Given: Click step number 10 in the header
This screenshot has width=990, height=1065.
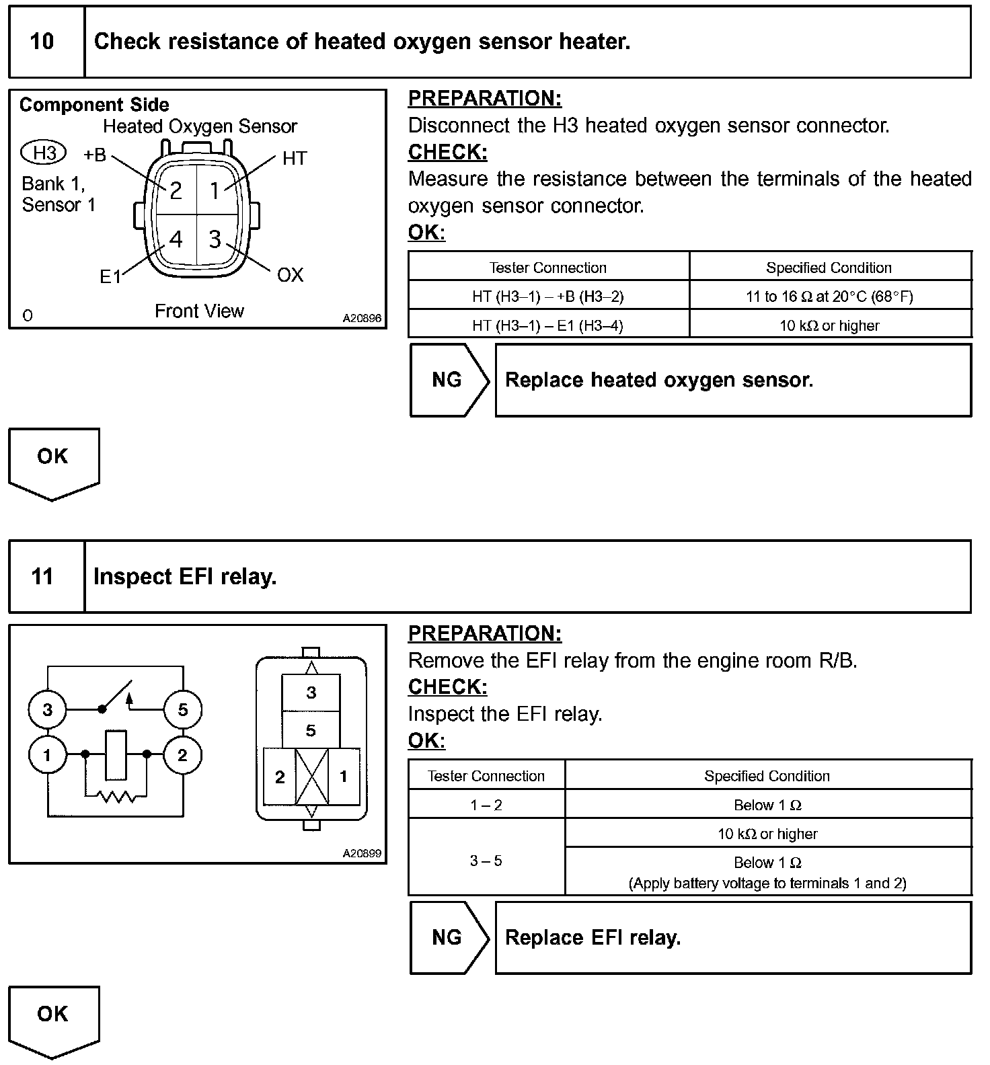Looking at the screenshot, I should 42,42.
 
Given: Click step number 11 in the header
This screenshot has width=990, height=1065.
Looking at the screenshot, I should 42,577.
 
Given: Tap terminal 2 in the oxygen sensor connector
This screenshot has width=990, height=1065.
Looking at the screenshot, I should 176,191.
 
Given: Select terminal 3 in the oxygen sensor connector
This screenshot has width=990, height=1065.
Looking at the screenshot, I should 215,239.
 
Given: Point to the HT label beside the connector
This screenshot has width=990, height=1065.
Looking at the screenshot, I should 295,159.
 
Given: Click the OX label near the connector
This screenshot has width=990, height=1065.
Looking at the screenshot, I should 290,275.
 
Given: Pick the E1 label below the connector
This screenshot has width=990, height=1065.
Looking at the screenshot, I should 110,276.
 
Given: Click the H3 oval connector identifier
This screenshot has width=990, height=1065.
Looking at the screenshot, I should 44,153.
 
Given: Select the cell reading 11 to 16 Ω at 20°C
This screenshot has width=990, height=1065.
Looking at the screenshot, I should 829,297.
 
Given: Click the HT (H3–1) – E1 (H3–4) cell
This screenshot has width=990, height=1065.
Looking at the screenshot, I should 547,325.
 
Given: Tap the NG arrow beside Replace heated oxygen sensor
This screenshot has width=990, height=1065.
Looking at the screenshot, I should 448,380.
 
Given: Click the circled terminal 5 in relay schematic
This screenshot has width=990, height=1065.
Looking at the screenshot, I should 182,709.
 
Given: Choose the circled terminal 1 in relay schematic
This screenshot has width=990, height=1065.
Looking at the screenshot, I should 47,755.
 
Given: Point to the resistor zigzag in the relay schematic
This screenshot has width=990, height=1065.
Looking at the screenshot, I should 116,797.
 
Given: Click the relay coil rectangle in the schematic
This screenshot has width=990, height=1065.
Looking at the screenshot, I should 116,754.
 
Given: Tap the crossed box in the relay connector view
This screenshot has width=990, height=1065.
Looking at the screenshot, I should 311,777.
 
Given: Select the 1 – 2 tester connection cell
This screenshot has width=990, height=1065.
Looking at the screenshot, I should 486,805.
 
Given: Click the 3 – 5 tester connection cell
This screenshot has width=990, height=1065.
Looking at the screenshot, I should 486,861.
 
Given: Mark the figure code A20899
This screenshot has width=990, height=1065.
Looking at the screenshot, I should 362,854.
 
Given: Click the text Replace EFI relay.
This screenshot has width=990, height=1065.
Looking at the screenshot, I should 593,938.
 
